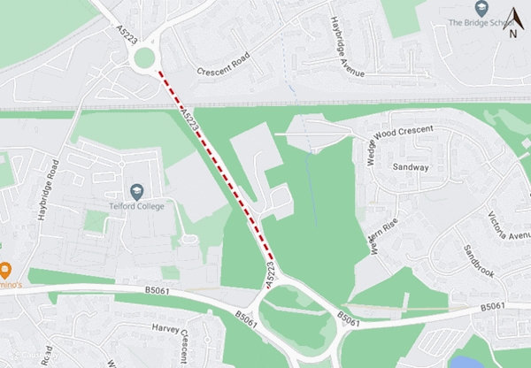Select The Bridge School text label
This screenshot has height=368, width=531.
pyautogui.click(x=479, y=23)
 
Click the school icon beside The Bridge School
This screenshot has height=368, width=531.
pyautogui.click(x=481, y=8)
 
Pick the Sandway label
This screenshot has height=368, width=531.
pyautogui.click(x=410, y=166)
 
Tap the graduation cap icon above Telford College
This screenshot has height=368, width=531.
pyautogui.click(x=136, y=191)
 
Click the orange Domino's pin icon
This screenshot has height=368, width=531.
pyautogui.click(x=4, y=270)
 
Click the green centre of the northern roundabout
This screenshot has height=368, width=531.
pyautogui.click(x=143, y=58)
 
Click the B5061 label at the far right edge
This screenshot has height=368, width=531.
pyautogui.click(x=494, y=306)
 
